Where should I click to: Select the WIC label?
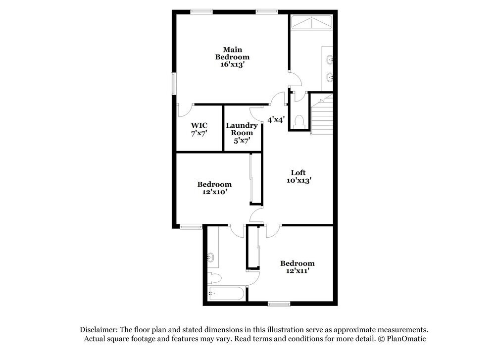coord(199,125)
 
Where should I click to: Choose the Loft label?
coord(298,172)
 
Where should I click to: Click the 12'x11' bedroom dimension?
coord(297,271)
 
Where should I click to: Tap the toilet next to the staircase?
coord(299,121)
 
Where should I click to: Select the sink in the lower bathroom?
coord(210,257)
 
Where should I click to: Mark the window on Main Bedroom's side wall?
coord(174,83)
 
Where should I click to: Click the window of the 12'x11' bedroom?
coord(279,304)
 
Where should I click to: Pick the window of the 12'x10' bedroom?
coord(191,227)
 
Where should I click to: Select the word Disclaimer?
coord(98,329)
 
